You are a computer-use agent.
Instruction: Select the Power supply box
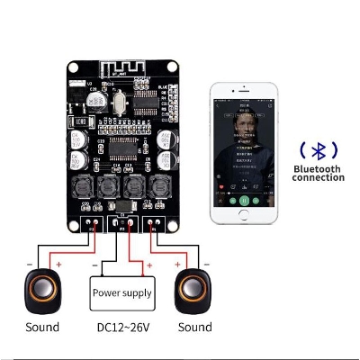tap(121, 290)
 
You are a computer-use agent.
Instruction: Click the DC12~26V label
tap(121, 327)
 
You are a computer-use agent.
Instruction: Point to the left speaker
tap(43, 288)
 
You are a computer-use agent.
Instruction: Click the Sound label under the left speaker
tap(42, 327)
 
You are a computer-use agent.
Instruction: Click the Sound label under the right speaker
tap(195, 327)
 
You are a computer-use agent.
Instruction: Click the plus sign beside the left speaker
tap(59, 265)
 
